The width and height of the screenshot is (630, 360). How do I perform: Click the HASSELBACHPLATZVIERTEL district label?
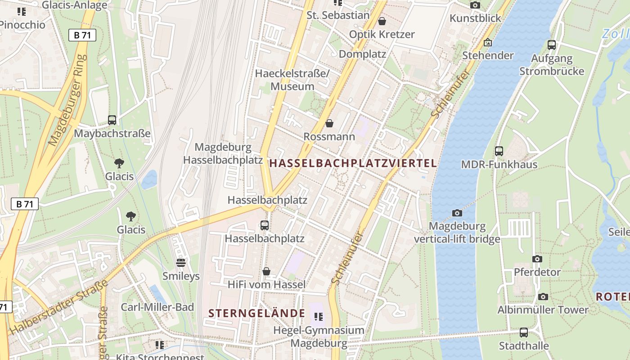coord(353,163)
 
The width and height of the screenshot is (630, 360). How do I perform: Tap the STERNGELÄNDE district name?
coord(257,313)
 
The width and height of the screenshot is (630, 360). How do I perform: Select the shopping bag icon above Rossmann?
coord(329,123)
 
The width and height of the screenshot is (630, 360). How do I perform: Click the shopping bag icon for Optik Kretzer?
coord(382,21)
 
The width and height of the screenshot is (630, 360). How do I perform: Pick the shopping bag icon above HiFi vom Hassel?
coord(266,271)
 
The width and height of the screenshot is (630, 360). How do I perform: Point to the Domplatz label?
coord(362,54)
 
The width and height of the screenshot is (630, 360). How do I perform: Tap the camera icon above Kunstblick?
coord(475,5)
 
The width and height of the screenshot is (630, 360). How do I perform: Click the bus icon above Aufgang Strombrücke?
coord(552,45)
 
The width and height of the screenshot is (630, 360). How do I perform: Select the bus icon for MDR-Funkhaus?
coord(499,151)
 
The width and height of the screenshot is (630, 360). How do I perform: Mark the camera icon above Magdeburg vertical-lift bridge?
coord(457,213)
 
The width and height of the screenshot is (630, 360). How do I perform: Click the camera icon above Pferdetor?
coord(537,259)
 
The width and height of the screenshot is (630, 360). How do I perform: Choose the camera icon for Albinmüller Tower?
coord(543,297)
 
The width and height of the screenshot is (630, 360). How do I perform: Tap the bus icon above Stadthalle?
coord(524,333)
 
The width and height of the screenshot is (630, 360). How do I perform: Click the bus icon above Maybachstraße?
coord(112,121)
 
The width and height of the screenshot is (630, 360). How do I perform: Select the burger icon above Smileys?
coord(181,262)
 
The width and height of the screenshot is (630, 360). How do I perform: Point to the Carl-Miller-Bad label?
coord(157,307)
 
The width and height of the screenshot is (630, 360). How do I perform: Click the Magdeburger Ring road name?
coord(67,100)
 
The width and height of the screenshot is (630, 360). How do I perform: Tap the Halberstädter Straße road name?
coord(58,307)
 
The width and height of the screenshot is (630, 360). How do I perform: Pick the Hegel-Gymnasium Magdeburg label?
coord(319,337)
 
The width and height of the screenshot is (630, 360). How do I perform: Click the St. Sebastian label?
coord(338,15)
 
